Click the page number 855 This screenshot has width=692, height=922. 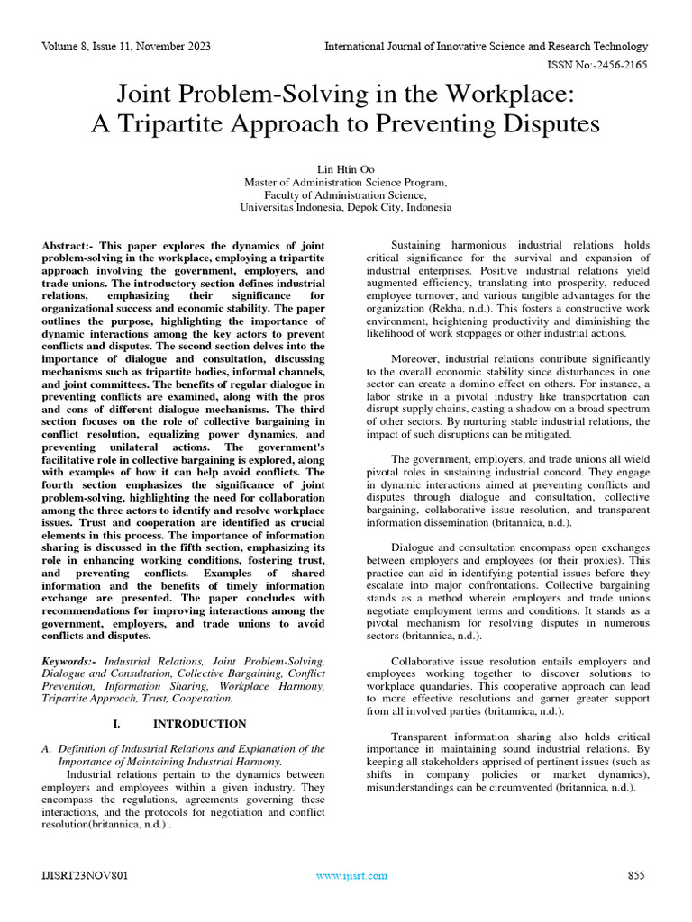coord(637,875)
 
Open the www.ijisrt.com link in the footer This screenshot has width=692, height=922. coord(351,875)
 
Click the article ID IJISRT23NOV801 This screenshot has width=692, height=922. coord(78,875)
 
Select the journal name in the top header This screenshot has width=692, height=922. coord(486,45)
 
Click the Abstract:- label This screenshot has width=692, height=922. coord(69,245)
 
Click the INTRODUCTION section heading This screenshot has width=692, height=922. coord(199,723)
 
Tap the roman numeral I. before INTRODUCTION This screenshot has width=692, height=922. coord(116,723)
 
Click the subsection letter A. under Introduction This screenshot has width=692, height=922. coord(48,748)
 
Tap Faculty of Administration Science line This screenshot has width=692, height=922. coord(345,194)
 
